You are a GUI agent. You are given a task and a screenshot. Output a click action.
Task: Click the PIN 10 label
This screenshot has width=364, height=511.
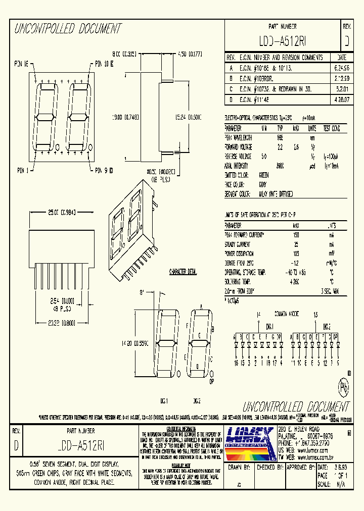[x=104, y=64]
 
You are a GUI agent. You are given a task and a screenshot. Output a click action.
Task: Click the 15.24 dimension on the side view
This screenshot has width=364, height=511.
[x=189, y=117]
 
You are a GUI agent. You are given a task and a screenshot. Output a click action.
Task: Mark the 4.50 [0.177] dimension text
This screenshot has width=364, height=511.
[x=190, y=54]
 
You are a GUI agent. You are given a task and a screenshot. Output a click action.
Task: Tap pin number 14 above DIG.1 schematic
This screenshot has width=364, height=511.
[x=258, y=314]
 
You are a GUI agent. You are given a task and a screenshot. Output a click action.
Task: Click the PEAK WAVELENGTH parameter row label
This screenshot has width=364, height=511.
[x=239, y=137]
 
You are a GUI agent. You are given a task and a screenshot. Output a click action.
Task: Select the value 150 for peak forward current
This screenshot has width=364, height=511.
[x=295, y=235]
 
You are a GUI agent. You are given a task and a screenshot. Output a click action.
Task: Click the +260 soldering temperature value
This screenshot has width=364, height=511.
[x=296, y=282]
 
